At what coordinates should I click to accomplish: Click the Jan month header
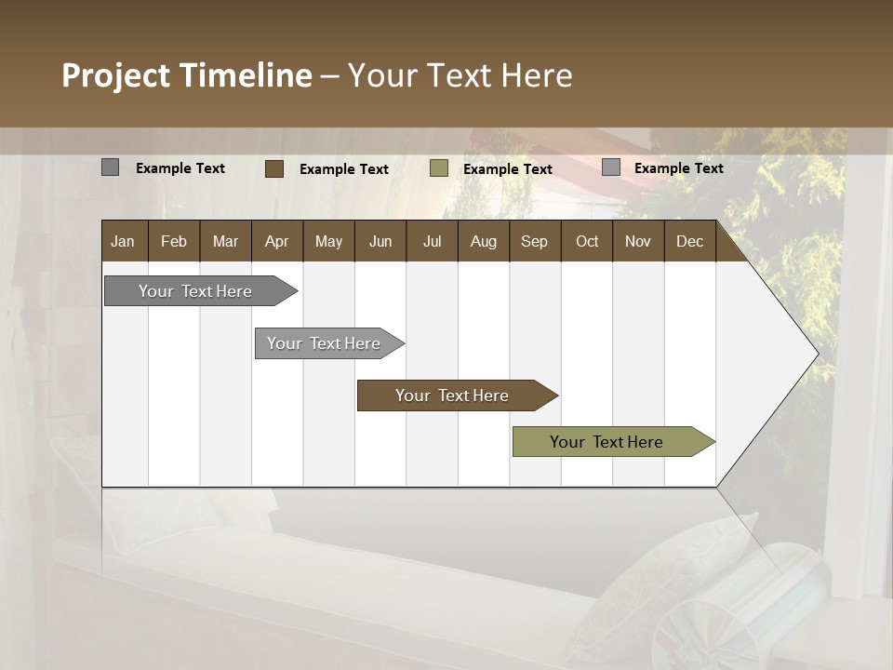(x=123, y=241)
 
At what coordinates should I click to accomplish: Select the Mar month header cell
(x=225, y=241)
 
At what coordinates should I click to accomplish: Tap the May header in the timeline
(x=328, y=241)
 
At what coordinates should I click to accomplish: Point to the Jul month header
(x=432, y=241)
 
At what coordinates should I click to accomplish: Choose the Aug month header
(x=483, y=241)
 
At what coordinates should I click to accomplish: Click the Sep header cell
(x=534, y=241)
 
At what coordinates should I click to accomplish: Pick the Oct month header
(x=587, y=241)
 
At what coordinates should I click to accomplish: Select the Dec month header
(x=689, y=241)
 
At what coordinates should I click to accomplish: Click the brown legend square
(x=273, y=168)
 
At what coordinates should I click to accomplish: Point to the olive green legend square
(x=439, y=168)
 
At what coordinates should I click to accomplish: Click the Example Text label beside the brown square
(x=343, y=169)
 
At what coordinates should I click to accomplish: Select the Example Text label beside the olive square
(x=507, y=169)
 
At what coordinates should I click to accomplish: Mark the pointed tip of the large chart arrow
(x=818, y=354)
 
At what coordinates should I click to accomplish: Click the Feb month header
(x=174, y=241)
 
